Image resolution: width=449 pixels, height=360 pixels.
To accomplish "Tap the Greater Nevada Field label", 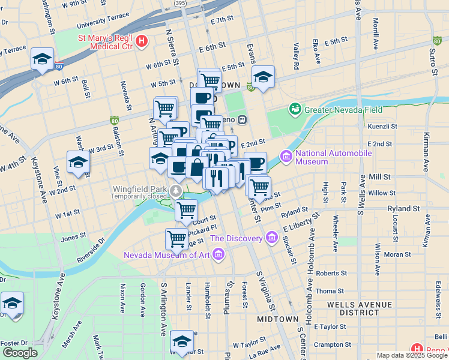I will (341, 109).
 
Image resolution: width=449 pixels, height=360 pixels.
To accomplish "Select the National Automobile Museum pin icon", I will (286, 157).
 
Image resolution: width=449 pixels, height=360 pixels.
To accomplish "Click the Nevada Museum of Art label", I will (166, 255).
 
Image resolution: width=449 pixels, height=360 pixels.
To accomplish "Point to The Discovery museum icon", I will (271, 239).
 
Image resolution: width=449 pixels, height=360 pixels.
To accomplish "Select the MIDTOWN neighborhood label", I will (278, 319).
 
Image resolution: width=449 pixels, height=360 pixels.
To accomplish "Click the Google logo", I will (20, 353).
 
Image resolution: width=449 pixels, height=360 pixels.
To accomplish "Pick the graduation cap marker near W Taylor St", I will (182, 341).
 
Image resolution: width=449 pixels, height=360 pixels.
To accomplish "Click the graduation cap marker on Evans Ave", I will (263, 77).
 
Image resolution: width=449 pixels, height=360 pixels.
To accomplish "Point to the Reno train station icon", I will (243, 119).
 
